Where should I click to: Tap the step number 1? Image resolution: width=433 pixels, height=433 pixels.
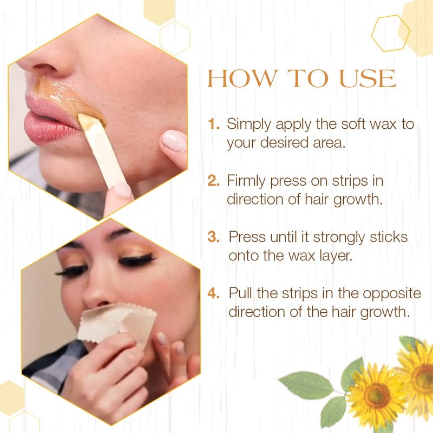click(214, 124)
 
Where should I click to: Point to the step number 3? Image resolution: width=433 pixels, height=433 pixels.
click(214, 237)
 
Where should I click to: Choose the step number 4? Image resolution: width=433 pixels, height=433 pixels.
click(214, 294)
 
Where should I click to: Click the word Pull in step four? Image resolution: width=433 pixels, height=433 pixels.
click(241, 294)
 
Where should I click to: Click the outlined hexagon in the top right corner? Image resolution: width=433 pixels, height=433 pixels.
click(390, 34)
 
